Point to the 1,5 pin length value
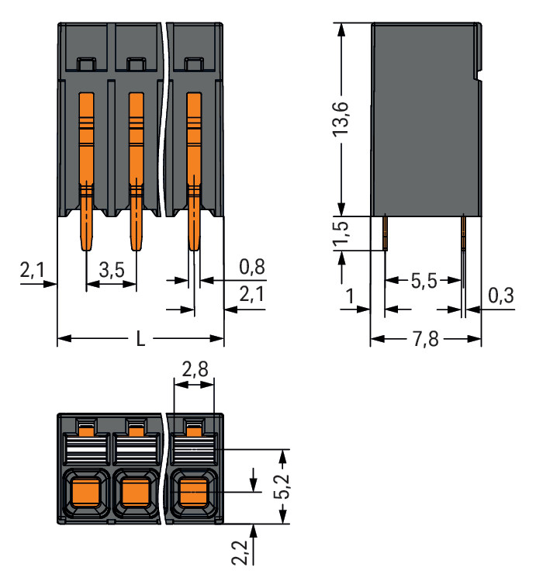point(342,236)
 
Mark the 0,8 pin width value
point(251,268)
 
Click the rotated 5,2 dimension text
point(285,486)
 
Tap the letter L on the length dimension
point(140,340)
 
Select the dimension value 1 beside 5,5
point(350,296)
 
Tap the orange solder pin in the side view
point(463,233)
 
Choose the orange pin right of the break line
point(194,171)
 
